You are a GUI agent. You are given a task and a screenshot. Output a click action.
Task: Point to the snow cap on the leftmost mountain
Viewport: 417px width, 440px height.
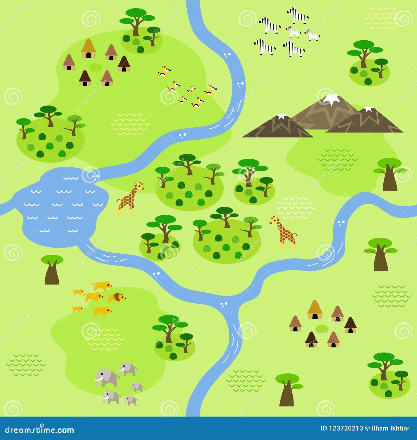[281, 116]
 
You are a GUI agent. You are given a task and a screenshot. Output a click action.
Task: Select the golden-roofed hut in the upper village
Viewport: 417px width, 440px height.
[88, 48]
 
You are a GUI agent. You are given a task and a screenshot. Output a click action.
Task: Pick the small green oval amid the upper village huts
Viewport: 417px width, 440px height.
[96, 67]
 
